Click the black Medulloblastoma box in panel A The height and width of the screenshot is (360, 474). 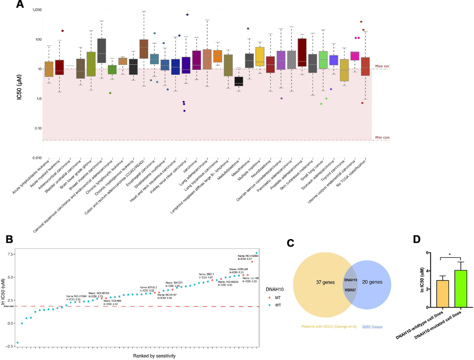(x=238, y=81)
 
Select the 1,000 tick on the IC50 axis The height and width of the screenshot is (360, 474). (x=35, y=10)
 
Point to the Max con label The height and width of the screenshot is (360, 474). (x=382, y=67)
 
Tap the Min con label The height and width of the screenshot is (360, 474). (x=382, y=138)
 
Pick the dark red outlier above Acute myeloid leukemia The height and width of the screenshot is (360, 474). (x=62, y=31)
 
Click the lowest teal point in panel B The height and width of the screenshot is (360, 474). (x=18, y=342)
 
